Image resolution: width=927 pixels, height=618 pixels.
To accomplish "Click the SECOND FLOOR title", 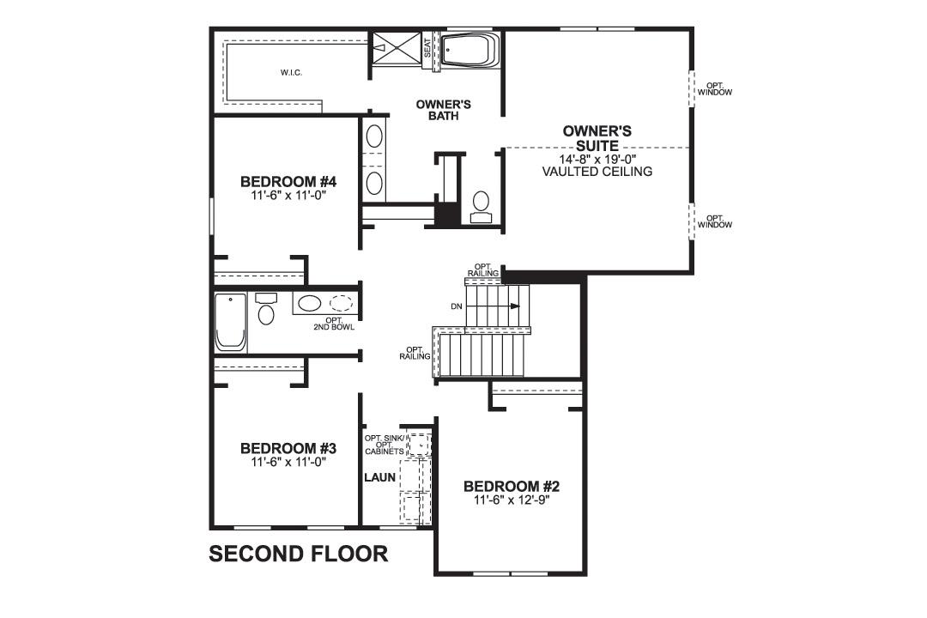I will click(x=298, y=554).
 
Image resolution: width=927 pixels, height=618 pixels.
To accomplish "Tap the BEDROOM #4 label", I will click(x=288, y=182).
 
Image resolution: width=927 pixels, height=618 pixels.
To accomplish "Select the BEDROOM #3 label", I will click(x=288, y=449).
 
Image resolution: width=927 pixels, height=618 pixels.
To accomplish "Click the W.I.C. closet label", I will click(x=291, y=72).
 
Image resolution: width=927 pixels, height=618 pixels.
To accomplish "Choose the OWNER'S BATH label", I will click(x=443, y=110).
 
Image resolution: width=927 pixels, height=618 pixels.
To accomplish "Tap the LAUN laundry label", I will click(x=379, y=477).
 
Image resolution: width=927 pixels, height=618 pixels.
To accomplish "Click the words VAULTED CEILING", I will click(x=597, y=172).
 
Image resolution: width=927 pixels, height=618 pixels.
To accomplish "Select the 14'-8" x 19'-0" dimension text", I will click(x=597, y=160).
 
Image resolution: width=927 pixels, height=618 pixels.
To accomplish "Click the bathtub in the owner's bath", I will click(x=469, y=51).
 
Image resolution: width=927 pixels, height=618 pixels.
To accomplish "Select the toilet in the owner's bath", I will click(x=482, y=205).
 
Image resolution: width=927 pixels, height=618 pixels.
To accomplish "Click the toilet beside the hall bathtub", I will click(x=266, y=310).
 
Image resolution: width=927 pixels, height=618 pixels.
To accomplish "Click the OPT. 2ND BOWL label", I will click(x=334, y=324).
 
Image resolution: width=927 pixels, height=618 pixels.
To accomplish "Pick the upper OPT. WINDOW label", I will click(x=714, y=88).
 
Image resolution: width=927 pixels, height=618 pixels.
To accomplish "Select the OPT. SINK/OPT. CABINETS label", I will click(x=383, y=445).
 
